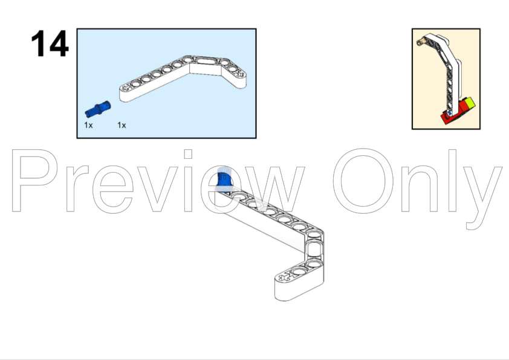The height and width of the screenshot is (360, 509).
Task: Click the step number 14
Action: point(50,44)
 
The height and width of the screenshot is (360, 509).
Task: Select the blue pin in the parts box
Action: point(96,109)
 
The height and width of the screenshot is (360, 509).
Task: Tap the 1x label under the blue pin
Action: point(88,125)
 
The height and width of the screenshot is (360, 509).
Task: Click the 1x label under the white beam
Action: point(122,125)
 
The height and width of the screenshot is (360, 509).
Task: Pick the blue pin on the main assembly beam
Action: point(224,180)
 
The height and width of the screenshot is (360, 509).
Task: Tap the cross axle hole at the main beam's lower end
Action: point(284,278)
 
